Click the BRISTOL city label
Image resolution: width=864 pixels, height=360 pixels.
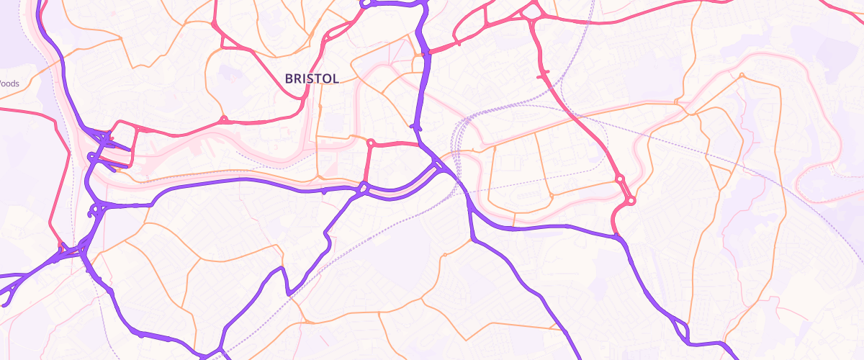312,78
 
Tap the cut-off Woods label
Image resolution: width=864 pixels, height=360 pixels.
9,84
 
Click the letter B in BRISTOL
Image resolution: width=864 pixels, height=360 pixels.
289,78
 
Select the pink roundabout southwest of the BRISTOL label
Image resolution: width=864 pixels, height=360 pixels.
224,119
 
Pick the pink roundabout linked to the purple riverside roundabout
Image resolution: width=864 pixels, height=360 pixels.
372,143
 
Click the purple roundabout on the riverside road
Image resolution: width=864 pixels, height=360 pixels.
363,189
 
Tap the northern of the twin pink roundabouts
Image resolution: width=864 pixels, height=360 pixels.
619,178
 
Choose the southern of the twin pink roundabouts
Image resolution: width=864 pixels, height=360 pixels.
631,201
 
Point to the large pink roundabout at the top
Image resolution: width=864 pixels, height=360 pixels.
532,12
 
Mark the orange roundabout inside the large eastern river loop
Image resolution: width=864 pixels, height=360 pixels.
742,74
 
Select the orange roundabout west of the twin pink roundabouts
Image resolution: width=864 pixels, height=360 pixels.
552,195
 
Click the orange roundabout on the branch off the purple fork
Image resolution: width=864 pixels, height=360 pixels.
446,254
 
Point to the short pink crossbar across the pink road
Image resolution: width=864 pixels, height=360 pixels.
543,73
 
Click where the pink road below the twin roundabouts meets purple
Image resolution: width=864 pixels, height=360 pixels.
617,235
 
